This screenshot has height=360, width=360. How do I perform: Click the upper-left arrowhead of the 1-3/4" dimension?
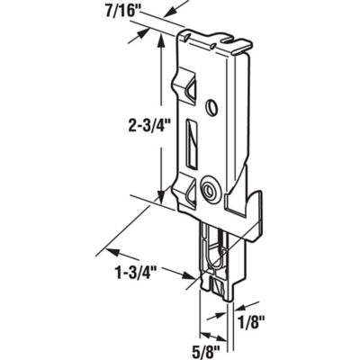tap(109, 242)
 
